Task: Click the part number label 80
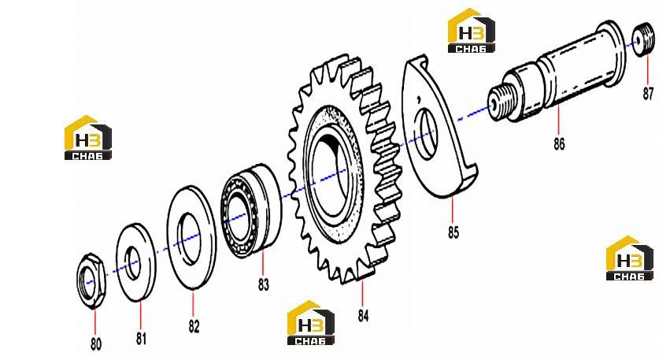pyautogui.click(x=96, y=344)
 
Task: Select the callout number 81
pyautogui.click(x=142, y=339)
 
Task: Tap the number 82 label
pyautogui.click(x=194, y=327)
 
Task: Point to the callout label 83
pyautogui.click(x=264, y=284)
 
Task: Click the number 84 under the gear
pyautogui.click(x=363, y=316)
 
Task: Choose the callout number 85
pyautogui.click(x=453, y=232)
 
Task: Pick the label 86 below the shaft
pyautogui.click(x=559, y=144)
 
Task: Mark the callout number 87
pyautogui.click(x=648, y=94)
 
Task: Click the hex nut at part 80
pyautogui.click(x=91, y=281)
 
